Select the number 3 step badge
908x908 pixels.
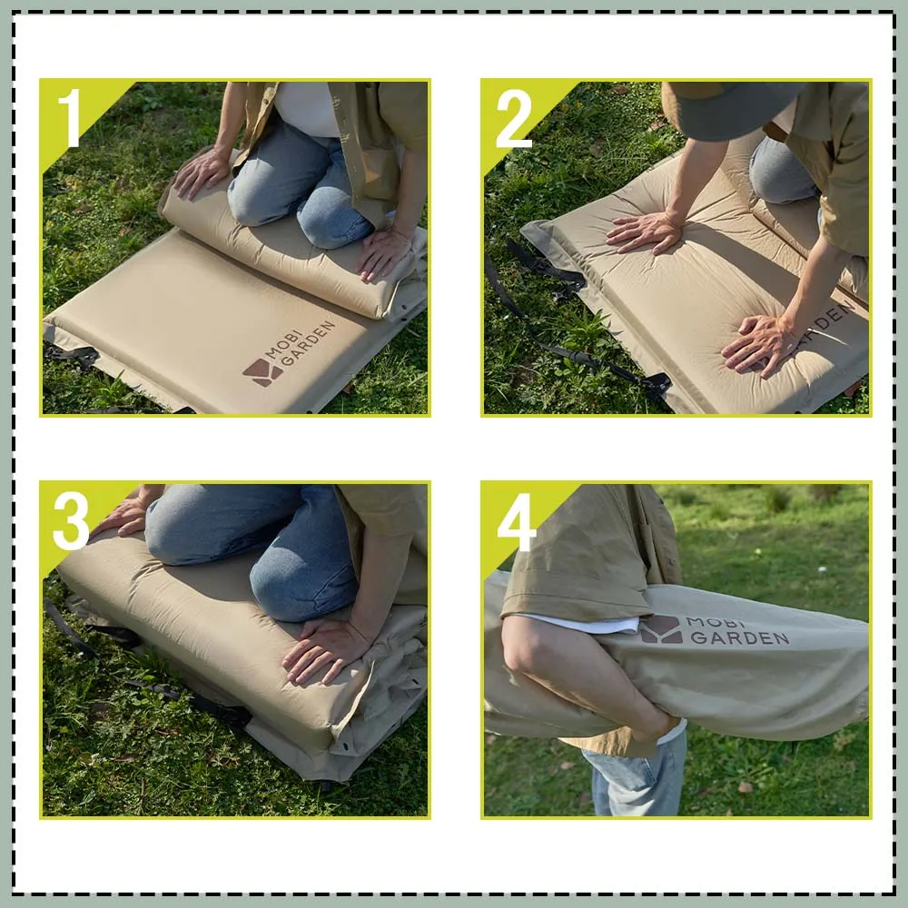point(71,520)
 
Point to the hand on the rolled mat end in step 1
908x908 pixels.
point(202,171)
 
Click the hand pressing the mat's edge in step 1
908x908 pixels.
point(384,252)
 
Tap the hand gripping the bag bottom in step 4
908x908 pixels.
point(658,726)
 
